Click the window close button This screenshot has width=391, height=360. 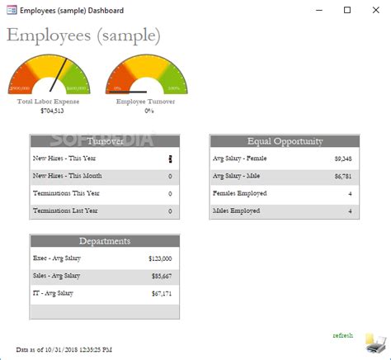click(373, 10)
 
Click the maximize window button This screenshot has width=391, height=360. click(346, 10)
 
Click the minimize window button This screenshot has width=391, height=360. click(320, 10)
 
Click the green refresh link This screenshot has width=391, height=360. click(342, 335)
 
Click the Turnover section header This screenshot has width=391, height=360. click(105, 141)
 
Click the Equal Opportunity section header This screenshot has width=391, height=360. click(285, 141)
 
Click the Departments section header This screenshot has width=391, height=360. click(105, 241)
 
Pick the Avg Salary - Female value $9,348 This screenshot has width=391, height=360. click(343, 158)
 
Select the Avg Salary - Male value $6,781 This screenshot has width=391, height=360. click(343, 176)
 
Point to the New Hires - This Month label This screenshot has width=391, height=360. click(68, 176)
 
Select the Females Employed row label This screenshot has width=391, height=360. click(237, 193)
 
